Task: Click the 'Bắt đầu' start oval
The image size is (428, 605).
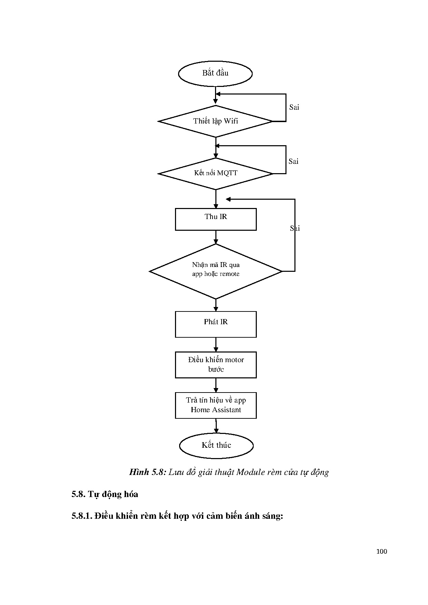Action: tap(215, 73)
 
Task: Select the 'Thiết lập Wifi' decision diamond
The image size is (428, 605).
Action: tap(215, 121)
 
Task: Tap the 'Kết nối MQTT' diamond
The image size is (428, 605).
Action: tap(215, 173)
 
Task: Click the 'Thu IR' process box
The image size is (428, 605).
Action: tap(216, 219)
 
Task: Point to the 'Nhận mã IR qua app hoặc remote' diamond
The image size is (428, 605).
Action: tap(216, 271)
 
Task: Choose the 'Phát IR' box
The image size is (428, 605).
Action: tap(216, 324)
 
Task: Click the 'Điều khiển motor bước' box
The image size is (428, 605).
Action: tap(216, 365)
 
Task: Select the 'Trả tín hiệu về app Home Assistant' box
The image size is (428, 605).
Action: tap(216, 405)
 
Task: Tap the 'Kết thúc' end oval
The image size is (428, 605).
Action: tap(216, 445)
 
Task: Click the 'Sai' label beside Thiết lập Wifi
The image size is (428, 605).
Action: tap(294, 107)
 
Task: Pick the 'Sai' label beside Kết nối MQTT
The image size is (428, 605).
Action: tap(293, 161)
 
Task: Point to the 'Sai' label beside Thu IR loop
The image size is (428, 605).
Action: tap(295, 228)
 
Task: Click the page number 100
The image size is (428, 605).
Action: tap(381, 552)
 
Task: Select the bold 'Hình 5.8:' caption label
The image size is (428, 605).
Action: tap(148, 472)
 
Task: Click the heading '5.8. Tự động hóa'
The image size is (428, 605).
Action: tap(105, 494)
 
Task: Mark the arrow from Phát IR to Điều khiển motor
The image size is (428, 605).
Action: tap(216, 345)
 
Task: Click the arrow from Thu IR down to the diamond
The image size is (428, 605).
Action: tap(216, 237)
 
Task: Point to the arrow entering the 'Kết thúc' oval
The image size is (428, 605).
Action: tap(216, 426)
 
